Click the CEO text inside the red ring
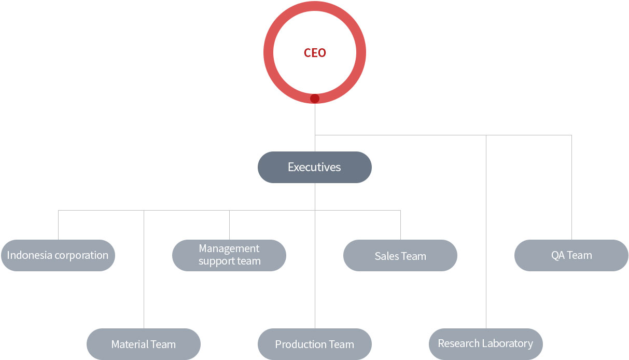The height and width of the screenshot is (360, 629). [315, 53]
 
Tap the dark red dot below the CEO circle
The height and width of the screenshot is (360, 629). [315, 99]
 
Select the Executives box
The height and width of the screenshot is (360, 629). [314, 168]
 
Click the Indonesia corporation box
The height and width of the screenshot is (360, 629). [58, 255]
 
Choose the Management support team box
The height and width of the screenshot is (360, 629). [229, 255]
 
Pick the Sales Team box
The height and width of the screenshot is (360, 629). [400, 255]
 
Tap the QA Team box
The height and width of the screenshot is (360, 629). [571, 255]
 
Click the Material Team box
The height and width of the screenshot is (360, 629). [144, 344]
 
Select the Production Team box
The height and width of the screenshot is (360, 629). [314, 344]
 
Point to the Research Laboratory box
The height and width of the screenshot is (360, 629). [486, 344]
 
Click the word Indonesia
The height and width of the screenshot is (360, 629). [30, 255]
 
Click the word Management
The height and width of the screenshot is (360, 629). [229, 249]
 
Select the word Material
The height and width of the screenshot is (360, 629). [128, 344]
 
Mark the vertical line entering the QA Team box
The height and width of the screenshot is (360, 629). [572, 187]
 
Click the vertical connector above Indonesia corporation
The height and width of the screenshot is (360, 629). [59, 225]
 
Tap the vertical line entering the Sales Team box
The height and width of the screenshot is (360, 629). [400, 225]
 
